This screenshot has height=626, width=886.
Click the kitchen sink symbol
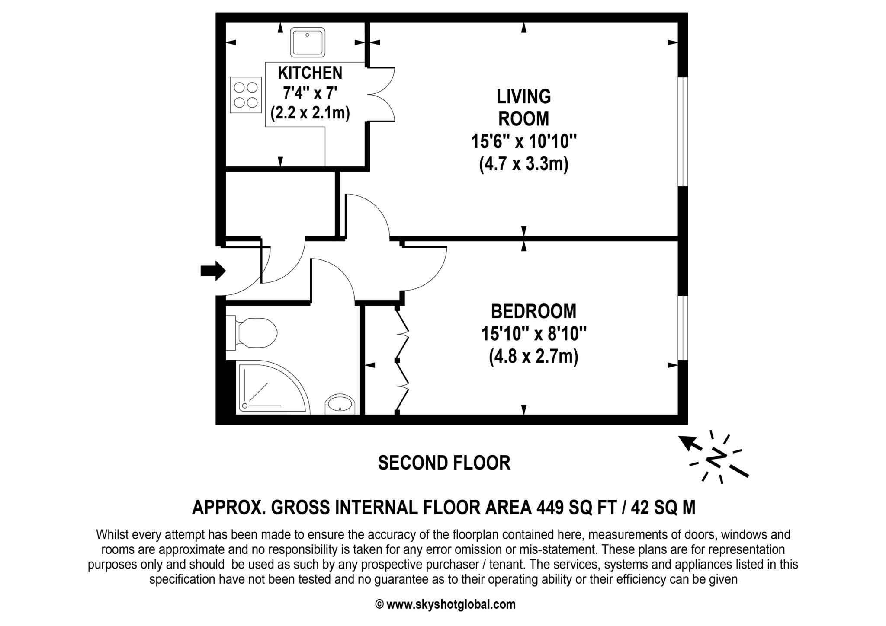pyautogui.click(x=308, y=42)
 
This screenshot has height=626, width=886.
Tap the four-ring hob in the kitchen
pyautogui.click(x=245, y=95)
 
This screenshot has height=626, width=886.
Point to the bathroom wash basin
pyautogui.click(x=340, y=404)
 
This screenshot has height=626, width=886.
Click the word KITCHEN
pyautogui.click(x=310, y=73)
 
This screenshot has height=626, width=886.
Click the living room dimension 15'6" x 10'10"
pyautogui.click(x=523, y=141)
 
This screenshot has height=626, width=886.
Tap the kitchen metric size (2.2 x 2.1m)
pyautogui.click(x=310, y=114)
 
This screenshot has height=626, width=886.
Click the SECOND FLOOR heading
pyautogui.click(x=444, y=463)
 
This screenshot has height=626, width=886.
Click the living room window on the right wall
pyautogui.click(x=682, y=132)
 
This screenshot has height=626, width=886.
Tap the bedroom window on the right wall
pyautogui.click(x=682, y=328)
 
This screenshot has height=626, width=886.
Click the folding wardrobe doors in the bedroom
pyautogui.click(x=402, y=360)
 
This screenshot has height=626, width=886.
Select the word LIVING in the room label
pyautogui.click(x=523, y=96)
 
